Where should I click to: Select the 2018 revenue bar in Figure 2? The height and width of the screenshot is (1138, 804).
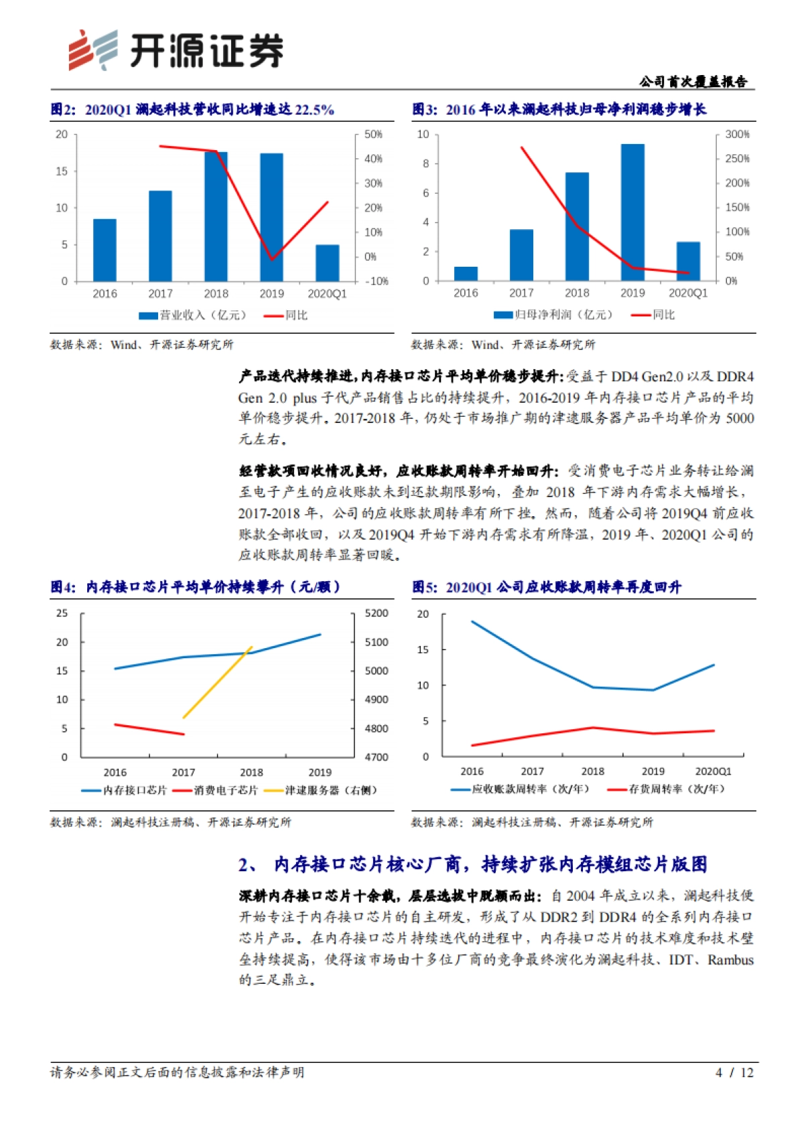216,216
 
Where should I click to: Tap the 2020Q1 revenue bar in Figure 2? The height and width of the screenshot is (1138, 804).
327,263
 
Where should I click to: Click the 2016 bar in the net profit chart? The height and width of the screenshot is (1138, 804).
466,273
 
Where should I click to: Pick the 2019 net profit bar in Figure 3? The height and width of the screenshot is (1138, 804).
632,212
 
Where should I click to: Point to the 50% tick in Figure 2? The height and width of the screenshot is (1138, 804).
373,135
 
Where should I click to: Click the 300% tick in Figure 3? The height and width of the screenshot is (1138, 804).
737,135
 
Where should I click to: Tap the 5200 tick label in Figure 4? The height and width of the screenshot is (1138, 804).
376,613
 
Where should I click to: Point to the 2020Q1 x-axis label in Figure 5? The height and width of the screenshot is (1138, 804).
713,771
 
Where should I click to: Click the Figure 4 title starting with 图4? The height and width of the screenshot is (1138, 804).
196,587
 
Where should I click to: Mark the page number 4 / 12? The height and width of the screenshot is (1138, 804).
734,1072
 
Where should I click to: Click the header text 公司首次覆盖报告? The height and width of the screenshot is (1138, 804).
693,82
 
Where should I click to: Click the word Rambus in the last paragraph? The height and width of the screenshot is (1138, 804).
730,960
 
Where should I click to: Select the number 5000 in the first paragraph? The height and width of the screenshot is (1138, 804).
740,418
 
